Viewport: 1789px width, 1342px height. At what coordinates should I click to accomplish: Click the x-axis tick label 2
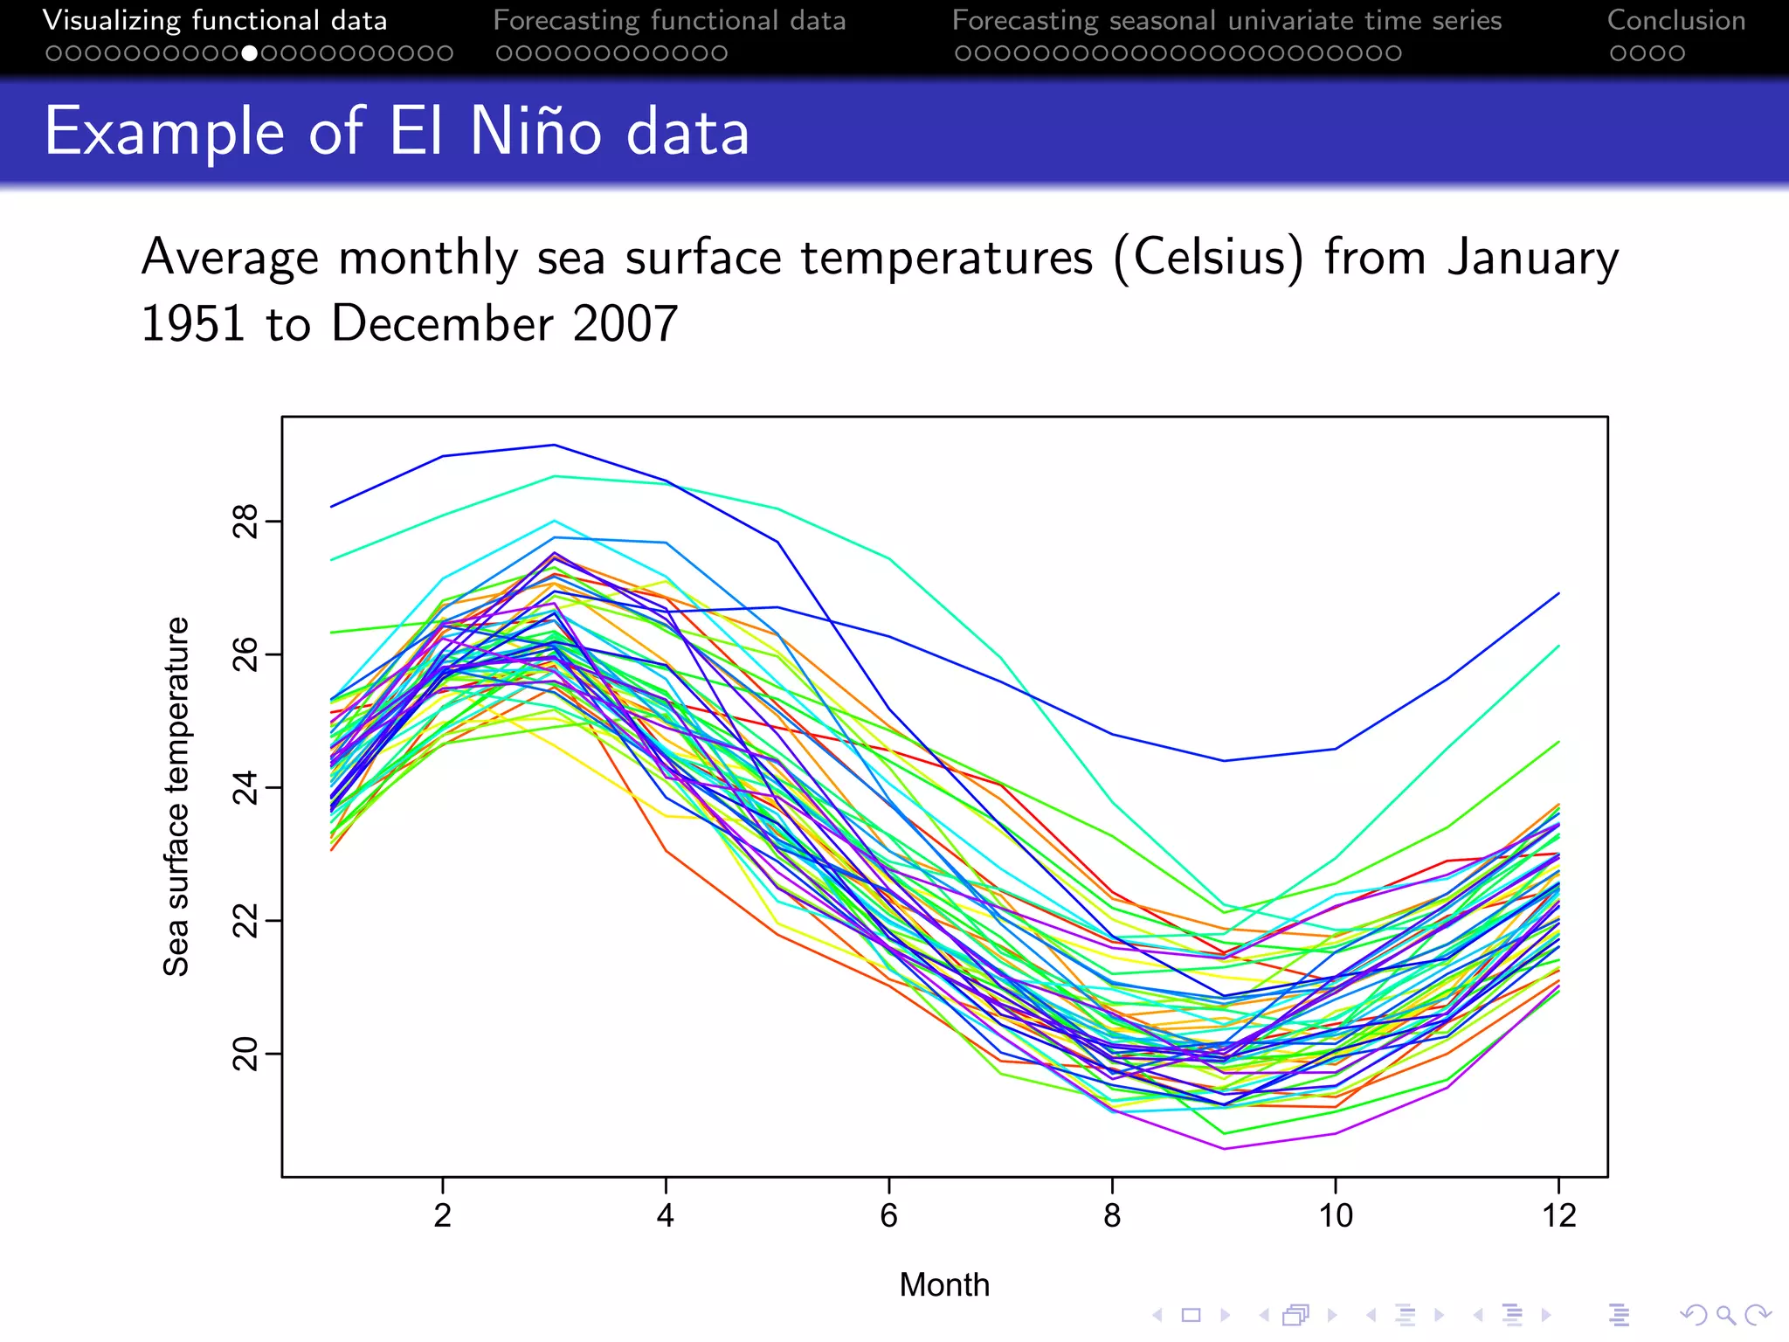pyautogui.click(x=443, y=1215)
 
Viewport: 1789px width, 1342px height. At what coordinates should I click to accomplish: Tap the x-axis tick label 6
pyautogui.click(x=888, y=1215)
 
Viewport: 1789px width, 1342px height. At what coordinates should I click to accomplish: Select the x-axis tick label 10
pyautogui.click(x=1335, y=1215)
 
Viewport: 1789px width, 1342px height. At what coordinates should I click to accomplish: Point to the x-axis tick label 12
pyautogui.click(x=1558, y=1215)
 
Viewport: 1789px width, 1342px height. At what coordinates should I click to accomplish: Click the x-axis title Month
pyautogui.click(x=944, y=1285)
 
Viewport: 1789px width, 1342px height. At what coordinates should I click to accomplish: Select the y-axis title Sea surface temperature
pyautogui.click(x=176, y=796)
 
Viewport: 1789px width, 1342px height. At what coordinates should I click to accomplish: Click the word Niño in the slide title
pyautogui.click(x=535, y=132)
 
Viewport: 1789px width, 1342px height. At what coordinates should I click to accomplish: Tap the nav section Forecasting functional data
pyautogui.click(x=669, y=21)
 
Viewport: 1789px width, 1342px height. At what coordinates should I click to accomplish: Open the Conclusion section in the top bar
pyautogui.click(x=1675, y=21)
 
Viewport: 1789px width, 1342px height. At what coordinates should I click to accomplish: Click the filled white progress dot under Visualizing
pyautogui.click(x=250, y=54)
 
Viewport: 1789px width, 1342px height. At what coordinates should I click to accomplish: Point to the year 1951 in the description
pyautogui.click(x=193, y=324)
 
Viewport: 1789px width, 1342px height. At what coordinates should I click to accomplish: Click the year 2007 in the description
pyautogui.click(x=625, y=324)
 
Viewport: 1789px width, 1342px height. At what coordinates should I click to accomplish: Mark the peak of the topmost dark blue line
pyautogui.click(x=554, y=446)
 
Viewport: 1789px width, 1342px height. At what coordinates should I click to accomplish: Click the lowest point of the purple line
pyautogui.click(x=1224, y=1149)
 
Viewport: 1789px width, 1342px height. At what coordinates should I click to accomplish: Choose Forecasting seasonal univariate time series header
pyautogui.click(x=1226, y=21)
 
